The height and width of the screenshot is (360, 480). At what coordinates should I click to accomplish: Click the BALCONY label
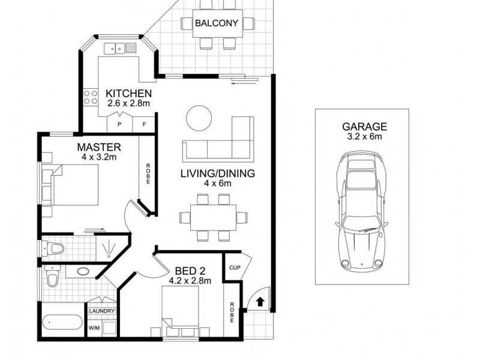[217, 24]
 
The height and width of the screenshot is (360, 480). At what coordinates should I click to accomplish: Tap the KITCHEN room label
[128, 94]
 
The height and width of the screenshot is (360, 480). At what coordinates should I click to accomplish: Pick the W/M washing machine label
[94, 328]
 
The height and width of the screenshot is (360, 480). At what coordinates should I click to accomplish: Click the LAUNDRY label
[101, 311]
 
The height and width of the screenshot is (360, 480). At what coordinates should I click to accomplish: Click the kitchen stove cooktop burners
[92, 98]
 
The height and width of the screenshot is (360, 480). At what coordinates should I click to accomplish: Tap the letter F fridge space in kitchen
[145, 124]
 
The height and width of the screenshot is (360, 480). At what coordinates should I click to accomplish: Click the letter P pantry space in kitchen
[120, 124]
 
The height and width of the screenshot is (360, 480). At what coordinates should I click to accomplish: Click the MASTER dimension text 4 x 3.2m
[99, 157]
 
